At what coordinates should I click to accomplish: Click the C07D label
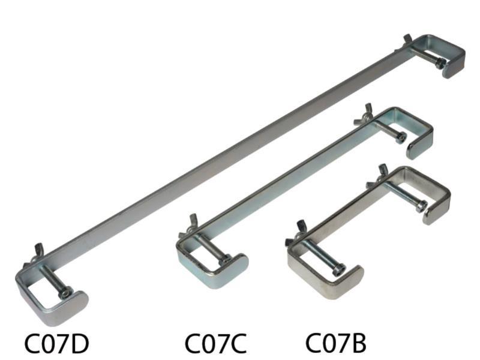(x=56, y=343)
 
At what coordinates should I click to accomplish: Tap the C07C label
(x=216, y=343)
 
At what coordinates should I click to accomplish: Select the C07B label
(x=336, y=343)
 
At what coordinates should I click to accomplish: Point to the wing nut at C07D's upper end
(x=407, y=41)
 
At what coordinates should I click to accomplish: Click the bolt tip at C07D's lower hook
(x=65, y=293)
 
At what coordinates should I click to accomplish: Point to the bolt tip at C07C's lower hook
(x=226, y=260)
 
